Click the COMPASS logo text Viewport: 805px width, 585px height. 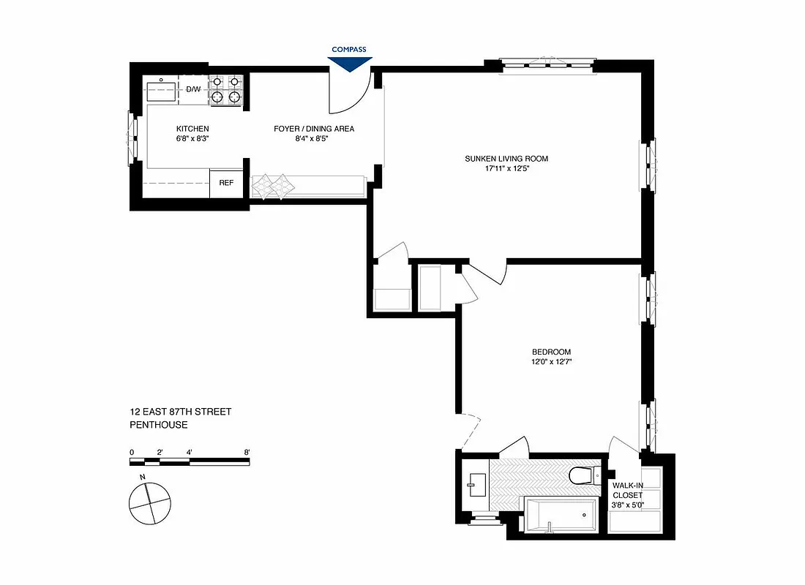tap(348, 50)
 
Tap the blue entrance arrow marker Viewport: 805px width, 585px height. tap(349, 64)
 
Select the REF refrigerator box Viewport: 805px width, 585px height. tap(226, 183)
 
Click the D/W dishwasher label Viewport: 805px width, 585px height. tap(193, 89)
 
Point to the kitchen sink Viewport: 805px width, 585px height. tap(162, 91)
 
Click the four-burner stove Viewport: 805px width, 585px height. tap(225, 89)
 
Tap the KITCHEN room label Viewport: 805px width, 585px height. tap(192, 129)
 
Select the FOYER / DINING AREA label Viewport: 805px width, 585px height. tap(314, 129)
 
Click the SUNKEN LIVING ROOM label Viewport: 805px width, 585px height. tap(506, 159)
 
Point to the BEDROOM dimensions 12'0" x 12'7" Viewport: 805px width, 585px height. tap(553, 361)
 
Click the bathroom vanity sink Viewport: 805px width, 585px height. tap(476, 484)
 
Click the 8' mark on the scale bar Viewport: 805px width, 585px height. tap(247, 452)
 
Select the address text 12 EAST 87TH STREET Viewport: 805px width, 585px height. tap(180, 412)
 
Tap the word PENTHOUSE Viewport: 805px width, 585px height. tap(159, 424)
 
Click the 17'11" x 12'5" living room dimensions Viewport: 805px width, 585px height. tap(506, 169)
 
